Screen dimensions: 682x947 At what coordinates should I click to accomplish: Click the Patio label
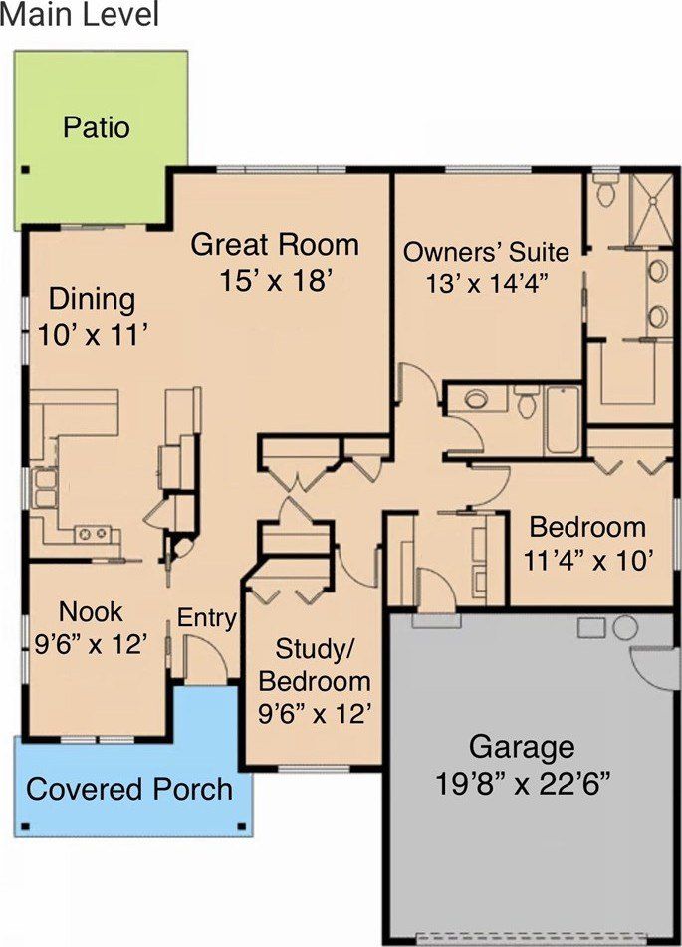pyautogui.click(x=96, y=128)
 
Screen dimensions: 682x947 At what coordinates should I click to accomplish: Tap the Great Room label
pyautogui.click(x=275, y=245)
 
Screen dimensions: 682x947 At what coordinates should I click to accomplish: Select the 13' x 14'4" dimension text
pyautogui.click(x=487, y=283)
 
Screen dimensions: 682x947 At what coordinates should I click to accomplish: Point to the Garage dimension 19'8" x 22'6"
pyautogui.click(x=522, y=785)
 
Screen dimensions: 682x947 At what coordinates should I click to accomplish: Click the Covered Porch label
pyautogui.click(x=129, y=789)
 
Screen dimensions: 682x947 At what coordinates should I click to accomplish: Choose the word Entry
pyautogui.click(x=206, y=619)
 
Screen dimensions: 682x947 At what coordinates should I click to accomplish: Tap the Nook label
pyautogui.click(x=91, y=611)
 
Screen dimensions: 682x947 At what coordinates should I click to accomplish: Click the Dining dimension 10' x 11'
pyautogui.click(x=93, y=334)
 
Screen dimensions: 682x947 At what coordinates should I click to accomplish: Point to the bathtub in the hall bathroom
pyautogui.click(x=562, y=421)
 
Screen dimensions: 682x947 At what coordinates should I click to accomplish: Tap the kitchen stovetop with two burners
pyautogui.click(x=94, y=534)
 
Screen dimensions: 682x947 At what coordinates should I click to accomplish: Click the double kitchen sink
pyautogui.click(x=45, y=488)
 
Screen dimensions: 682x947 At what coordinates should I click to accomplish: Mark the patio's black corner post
pyautogui.click(x=25, y=169)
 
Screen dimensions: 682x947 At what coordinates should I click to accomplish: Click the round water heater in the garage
pyautogui.click(x=625, y=628)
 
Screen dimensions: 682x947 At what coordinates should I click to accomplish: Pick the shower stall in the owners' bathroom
pyautogui.click(x=651, y=209)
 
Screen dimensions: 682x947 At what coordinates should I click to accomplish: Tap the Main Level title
pyautogui.click(x=80, y=15)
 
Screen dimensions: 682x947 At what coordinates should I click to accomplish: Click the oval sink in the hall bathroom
pyautogui.click(x=477, y=398)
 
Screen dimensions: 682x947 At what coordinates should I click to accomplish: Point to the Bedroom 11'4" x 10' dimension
pyautogui.click(x=587, y=561)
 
